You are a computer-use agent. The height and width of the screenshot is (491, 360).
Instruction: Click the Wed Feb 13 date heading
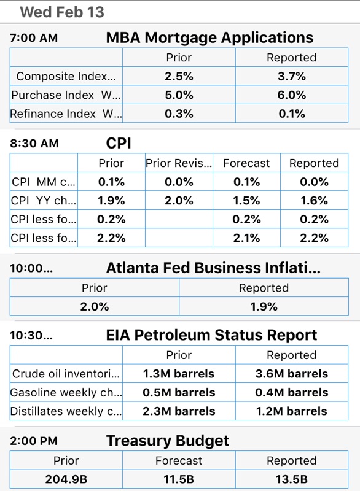tap(62, 12)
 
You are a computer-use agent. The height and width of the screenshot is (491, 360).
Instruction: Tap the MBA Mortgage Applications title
tap(209, 38)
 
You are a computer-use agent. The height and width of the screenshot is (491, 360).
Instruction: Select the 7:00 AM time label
tap(34, 38)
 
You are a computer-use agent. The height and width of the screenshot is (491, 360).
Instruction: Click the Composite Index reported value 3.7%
tap(292, 76)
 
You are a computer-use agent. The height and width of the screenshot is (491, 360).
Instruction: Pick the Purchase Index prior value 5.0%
tap(179, 95)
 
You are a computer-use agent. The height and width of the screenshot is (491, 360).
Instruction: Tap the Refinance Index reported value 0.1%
tap(292, 114)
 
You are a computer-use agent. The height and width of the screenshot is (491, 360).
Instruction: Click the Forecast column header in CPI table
tap(246, 163)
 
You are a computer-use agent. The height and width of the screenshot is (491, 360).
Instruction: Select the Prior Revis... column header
tap(179, 163)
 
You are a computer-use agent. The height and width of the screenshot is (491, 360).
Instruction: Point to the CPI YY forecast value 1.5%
tap(246, 201)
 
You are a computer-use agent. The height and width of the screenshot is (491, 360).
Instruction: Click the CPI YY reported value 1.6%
tap(315, 201)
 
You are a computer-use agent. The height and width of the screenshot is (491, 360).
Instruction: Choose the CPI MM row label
tap(44, 182)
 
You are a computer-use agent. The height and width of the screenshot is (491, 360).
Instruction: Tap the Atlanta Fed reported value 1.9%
tap(264, 306)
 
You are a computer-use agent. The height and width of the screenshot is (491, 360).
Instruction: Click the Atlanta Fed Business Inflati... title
tap(213, 268)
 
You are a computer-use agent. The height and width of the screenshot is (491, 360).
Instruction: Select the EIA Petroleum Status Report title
tap(211, 335)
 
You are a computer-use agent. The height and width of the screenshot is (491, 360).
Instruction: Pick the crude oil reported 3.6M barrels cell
tap(292, 374)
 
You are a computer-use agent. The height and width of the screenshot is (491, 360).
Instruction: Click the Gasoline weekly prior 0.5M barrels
tap(179, 392)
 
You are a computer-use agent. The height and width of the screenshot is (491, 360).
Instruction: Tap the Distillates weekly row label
tap(66, 411)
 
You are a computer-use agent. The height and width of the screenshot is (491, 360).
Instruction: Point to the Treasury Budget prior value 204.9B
tap(66, 479)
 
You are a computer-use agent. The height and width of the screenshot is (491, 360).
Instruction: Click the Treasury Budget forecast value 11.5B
tap(179, 479)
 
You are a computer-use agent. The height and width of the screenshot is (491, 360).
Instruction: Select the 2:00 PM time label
tap(34, 441)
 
